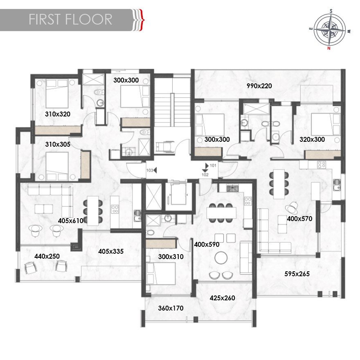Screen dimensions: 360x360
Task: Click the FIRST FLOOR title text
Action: tap(70, 19)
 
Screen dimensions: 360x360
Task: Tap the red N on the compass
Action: tap(329, 48)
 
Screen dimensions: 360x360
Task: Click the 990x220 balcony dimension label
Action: tap(259, 86)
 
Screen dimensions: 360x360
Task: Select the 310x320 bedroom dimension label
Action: tap(57, 114)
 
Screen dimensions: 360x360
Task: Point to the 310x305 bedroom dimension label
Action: tap(57, 144)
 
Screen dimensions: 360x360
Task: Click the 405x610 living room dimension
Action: tap(71, 221)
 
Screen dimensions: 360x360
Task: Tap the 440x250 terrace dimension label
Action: tap(47, 256)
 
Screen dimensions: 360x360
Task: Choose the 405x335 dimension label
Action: tap(111, 251)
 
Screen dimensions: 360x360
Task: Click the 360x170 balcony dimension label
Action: tap(171, 308)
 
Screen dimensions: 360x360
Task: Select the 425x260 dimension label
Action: tap(222, 298)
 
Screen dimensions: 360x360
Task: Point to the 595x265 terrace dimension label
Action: tap(297, 274)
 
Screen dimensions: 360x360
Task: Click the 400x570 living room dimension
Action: tap(299, 219)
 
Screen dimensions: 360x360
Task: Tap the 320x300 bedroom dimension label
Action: tap(312, 140)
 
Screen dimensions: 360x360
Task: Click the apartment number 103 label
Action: tap(150, 170)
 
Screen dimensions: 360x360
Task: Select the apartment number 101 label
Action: tap(213, 165)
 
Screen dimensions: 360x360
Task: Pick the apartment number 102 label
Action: tap(205, 175)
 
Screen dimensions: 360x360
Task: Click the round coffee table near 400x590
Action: tap(221, 257)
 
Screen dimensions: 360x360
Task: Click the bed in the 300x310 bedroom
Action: tap(161, 273)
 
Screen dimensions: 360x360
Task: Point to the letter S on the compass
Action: tap(331, 11)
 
